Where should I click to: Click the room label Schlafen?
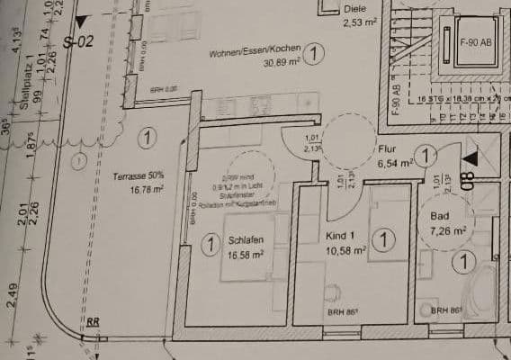click(245, 241)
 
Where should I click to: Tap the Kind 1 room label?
click(339, 236)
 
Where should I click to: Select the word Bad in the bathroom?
click(440, 217)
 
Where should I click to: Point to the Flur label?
click(388, 150)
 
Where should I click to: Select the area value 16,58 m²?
click(246, 255)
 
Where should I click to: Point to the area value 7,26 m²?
click(448, 230)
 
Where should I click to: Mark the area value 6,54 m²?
click(394, 164)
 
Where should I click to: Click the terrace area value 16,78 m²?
click(144, 189)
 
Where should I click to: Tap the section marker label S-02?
click(78, 41)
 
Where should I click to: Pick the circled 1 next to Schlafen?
click(210, 243)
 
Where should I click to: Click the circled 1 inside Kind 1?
click(384, 239)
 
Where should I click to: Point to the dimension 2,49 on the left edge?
click(11, 293)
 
